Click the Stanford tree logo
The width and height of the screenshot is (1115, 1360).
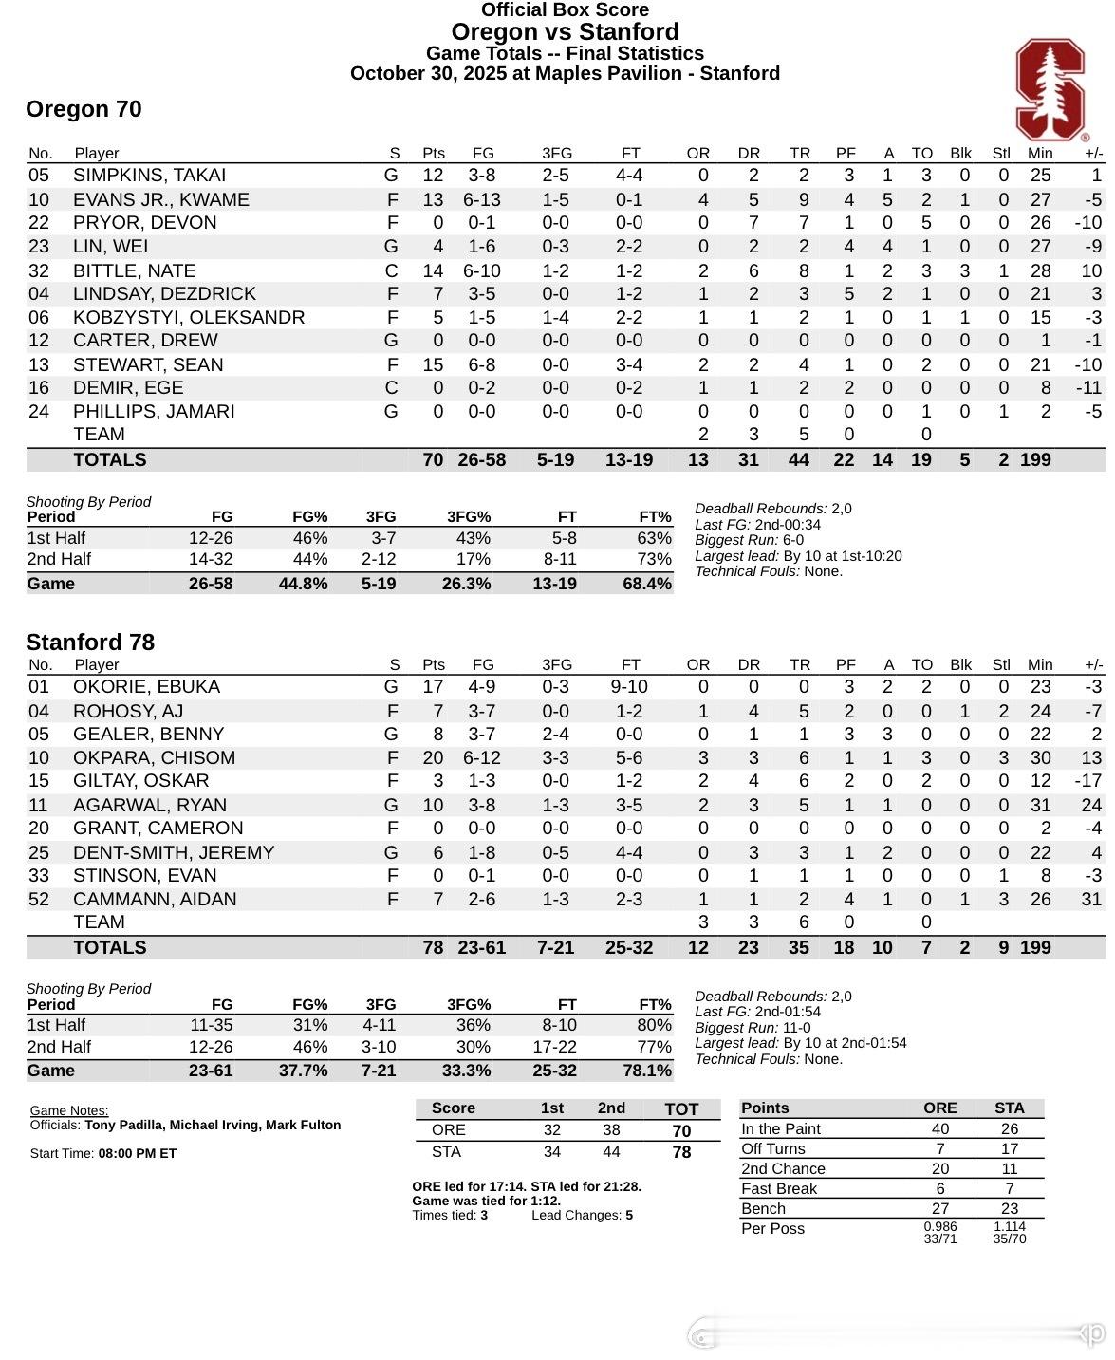[1050, 90]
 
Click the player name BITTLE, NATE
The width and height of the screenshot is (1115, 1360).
[134, 270]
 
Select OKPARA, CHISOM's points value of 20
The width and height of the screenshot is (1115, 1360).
[433, 757]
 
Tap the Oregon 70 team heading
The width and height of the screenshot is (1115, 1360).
[84, 109]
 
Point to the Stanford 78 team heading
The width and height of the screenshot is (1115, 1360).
[90, 643]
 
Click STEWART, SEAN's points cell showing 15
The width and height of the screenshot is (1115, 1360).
[433, 364]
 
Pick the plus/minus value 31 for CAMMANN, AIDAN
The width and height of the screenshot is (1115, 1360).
[1091, 899]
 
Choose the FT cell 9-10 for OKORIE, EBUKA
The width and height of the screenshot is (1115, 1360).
[629, 686]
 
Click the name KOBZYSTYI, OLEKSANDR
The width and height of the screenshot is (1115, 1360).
[189, 317]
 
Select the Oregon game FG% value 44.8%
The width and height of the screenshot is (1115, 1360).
[303, 584]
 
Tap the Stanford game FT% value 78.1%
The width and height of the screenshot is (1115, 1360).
[646, 1071]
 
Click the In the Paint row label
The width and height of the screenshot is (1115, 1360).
[781, 1128]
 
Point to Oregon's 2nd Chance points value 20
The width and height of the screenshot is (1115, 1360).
[939, 1168]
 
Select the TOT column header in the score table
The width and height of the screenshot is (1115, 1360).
[681, 1108]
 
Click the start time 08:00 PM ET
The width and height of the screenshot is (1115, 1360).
[138, 1153]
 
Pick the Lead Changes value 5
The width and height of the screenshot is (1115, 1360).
[629, 1215]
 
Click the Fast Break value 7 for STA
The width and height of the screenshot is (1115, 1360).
[1009, 1188]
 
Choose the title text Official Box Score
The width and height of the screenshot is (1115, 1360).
[565, 10]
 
